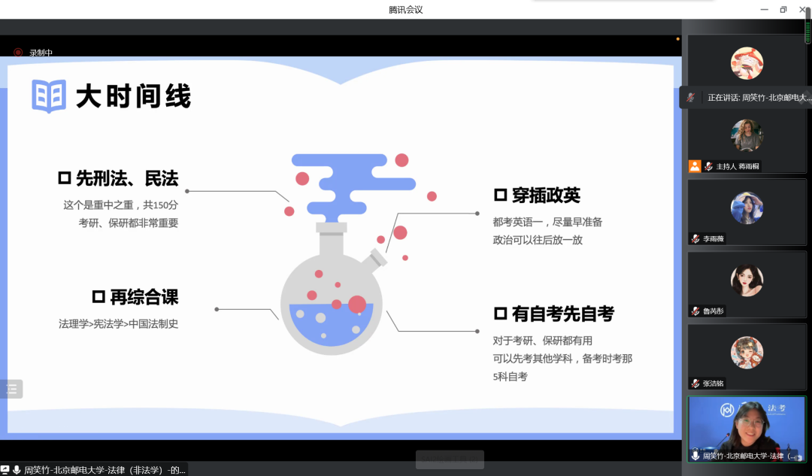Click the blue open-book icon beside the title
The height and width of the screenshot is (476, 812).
[49, 96]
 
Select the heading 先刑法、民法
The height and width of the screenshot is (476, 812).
[127, 178]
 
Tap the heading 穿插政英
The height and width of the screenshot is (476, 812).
[546, 196]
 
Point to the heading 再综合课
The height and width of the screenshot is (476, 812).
[144, 297]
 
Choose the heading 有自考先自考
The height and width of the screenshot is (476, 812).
[563, 314]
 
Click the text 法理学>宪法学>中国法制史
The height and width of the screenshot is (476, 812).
[119, 324]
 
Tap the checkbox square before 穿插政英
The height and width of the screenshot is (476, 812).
[500, 196]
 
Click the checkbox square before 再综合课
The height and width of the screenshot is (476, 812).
[98, 297]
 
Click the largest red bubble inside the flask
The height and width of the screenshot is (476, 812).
[357, 305]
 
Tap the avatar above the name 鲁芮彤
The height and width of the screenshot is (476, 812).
[747, 280]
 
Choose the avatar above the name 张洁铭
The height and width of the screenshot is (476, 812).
[747, 353]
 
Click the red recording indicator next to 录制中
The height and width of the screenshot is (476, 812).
[18, 53]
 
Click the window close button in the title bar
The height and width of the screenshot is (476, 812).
[802, 9]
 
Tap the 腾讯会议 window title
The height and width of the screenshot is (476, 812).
[406, 9]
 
